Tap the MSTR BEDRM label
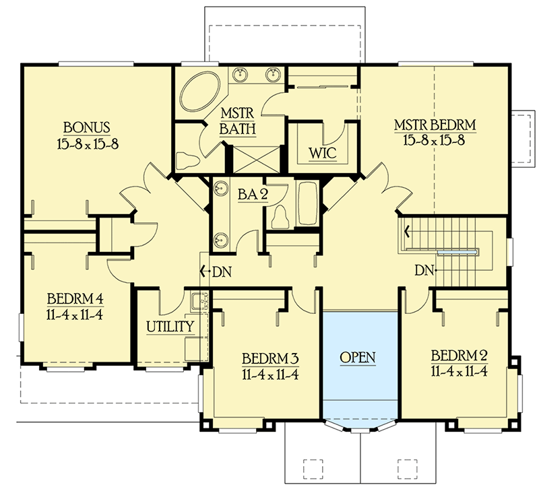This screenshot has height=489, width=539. tap(435, 125)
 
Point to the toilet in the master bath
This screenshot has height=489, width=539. tap(187, 160)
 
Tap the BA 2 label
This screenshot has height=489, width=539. tap(253, 195)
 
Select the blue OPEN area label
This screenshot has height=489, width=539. tap(357, 356)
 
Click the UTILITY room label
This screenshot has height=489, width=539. tap(170, 327)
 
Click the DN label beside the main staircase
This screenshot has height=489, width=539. tap(424, 270)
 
